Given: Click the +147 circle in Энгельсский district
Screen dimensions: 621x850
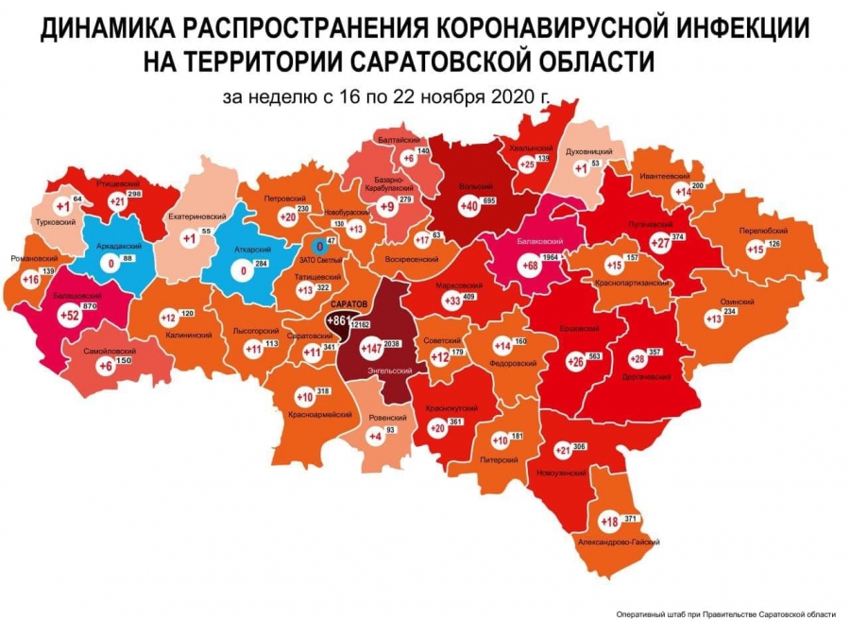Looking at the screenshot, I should (x=374, y=349).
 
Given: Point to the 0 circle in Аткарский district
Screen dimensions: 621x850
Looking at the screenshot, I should (x=246, y=271).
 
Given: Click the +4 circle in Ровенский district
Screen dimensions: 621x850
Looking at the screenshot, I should (x=375, y=437).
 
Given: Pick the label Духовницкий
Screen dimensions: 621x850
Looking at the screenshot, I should (x=589, y=151).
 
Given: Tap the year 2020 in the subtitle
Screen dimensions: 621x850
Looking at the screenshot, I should (x=509, y=96).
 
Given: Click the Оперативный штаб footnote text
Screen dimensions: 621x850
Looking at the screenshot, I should (x=725, y=613).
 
